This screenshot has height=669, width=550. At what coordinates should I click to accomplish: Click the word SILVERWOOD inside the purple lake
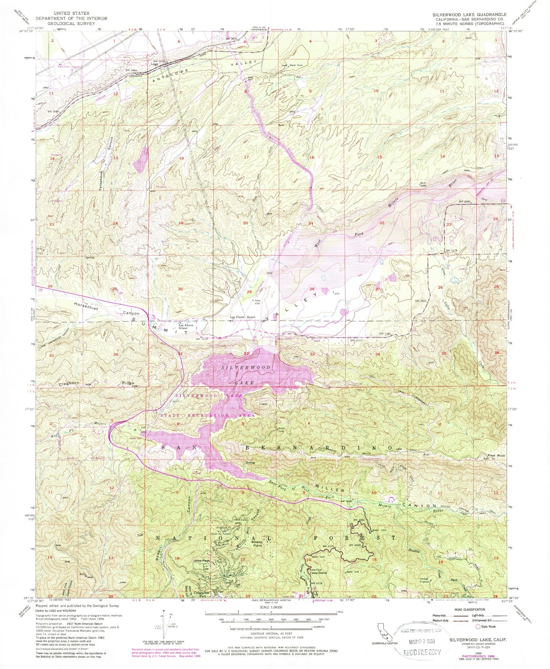(x=246, y=368)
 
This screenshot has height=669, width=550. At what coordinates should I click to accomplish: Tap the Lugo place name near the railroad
(x=155, y=64)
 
